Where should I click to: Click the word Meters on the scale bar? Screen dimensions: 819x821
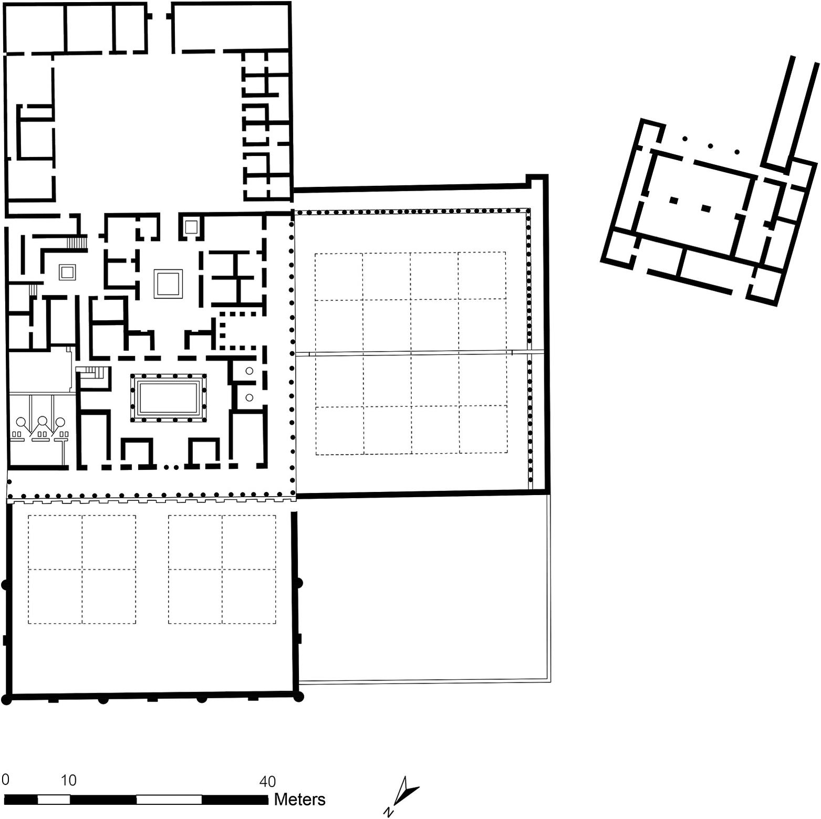point(299,799)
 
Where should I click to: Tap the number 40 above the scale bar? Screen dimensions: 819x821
point(267,781)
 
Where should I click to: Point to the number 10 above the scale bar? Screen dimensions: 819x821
point(68,780)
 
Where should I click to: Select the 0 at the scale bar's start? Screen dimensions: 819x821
point(5,779)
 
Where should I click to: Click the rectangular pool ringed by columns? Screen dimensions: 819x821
point(168,398)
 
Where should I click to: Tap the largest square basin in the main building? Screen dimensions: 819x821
point(168,284)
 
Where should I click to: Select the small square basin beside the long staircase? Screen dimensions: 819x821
point(68,272)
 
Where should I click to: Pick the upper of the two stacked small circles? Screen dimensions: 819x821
point(250,371)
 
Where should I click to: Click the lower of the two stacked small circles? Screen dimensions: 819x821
point(250,397)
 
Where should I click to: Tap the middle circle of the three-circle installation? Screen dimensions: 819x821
point(42,421)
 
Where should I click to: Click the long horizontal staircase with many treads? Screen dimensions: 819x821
point(77,243)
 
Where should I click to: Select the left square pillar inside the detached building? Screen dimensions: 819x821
point(673,200)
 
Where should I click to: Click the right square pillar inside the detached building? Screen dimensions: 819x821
point(706,208)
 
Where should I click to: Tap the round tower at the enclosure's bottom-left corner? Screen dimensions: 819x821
point(6,699)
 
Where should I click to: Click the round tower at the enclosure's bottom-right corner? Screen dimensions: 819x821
point(298,697)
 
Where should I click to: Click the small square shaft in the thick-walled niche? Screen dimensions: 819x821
point(191,227)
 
